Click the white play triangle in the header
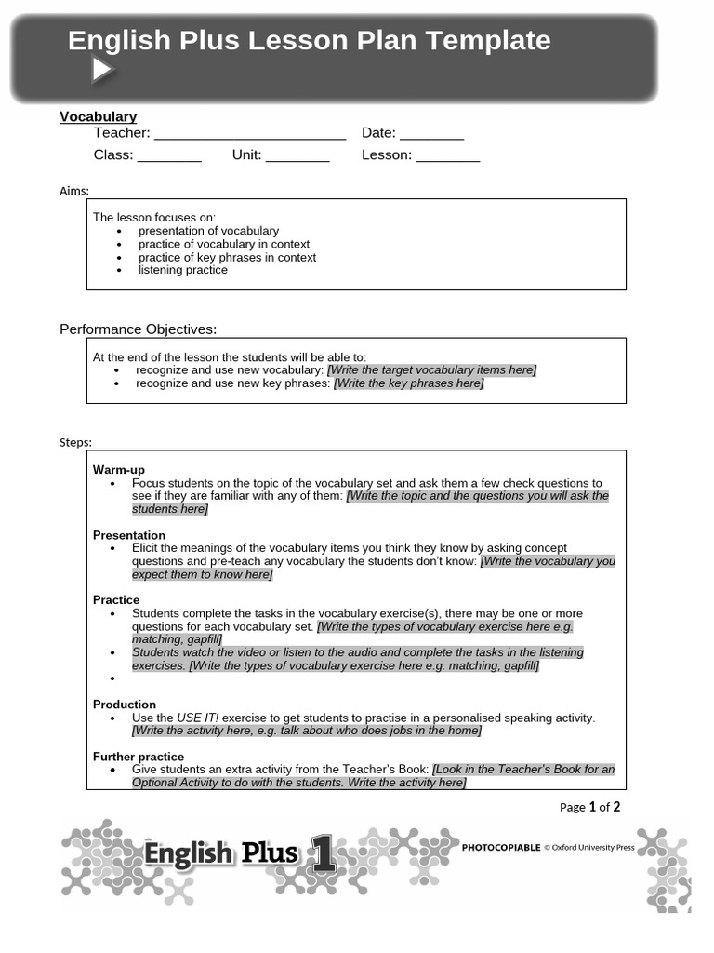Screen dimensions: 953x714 point(101,70)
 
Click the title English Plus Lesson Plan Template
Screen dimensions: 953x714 point(309,41)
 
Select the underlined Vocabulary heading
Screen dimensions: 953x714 point(98,116)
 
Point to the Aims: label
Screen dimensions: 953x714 point(74,191)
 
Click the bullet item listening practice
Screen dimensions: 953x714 point(182,270)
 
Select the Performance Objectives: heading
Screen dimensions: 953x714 point(139,329)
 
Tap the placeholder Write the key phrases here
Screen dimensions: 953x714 point(409,383)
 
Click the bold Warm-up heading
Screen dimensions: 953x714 point(119,470)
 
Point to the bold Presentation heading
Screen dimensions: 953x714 point(129,535)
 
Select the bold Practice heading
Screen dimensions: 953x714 point(116,600)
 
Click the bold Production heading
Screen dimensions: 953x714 point(125,705)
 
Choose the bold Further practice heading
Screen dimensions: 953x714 point(139,757)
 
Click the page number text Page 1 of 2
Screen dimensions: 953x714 point(589,807)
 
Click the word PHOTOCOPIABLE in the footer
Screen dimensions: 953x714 point(500,848)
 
